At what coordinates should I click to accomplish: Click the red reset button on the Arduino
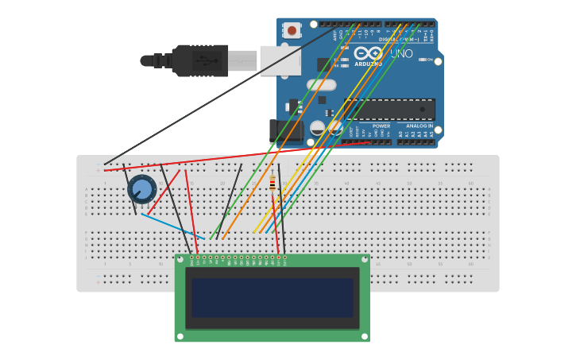(292, 31)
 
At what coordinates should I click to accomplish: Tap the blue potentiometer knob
(141, 189)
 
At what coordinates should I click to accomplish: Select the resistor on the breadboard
(273, 184)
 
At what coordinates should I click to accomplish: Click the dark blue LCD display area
(272, 297)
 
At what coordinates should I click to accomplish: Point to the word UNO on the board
(401, 53)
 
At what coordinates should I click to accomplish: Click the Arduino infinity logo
(369, 52)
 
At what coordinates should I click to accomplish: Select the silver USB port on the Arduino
(280, 60)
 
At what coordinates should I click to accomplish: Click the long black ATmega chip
(389, 109)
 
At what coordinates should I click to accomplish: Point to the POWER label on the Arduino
(381, 126)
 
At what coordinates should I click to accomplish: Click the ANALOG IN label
(419, 126)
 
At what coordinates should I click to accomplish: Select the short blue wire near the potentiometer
(172, 226)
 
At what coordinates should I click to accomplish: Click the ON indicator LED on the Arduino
(429, 60)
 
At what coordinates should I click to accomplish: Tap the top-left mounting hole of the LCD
(180, 259)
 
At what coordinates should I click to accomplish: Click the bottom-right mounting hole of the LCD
(365, 336)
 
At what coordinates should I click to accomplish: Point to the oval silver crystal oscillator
(322, 85)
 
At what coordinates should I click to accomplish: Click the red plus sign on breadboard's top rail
(99, 170)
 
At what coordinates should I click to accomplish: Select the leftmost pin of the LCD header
(191, 257)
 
